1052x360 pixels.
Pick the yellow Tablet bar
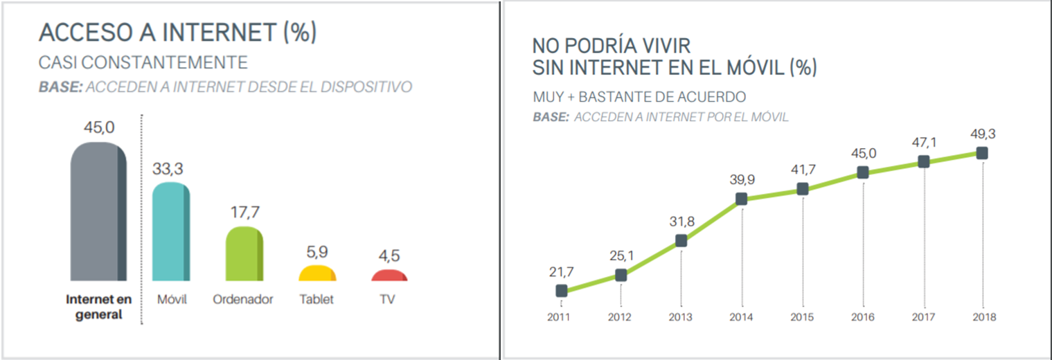click(317, 273)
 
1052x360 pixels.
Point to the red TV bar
click(390, 276)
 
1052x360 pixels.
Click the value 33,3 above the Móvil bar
click(170, 169)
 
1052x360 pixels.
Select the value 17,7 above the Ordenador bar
click(244, 212)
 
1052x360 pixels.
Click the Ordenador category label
click(244, 300)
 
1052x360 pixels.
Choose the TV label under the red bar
click(389, 300)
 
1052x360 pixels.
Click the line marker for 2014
click(742, 199)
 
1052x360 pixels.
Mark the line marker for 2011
click(561, 291)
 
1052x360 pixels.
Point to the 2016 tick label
click(862, 318)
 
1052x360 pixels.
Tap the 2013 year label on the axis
click(681, 318)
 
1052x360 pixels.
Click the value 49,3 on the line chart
click(981, 134)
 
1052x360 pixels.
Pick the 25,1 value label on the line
click(621, 255)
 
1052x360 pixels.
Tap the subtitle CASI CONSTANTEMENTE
click(143, 63)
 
